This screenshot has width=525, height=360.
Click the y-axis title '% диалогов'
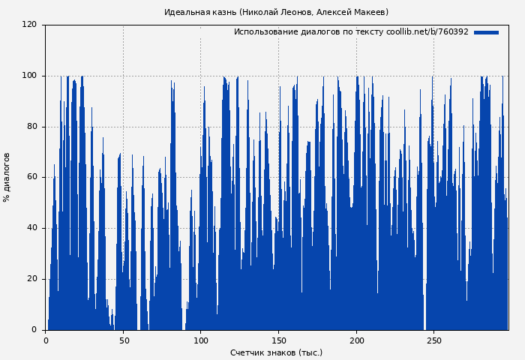click(7, 177)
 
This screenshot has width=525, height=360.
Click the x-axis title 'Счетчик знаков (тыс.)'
click(276, 352)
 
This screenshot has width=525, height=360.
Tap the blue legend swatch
click(486, 32)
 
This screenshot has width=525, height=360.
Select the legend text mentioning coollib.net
click(351, 32)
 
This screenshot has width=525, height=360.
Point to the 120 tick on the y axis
click(29, 25)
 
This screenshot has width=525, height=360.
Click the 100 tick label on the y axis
click(29, 76)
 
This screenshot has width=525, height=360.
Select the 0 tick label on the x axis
click(46, 341)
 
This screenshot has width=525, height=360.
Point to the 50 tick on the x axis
click(123, 341)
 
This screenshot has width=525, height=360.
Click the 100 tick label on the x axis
click(200, 341)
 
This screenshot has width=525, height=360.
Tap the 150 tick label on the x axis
click(278, 341)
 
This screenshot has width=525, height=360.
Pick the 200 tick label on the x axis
click(355, 341)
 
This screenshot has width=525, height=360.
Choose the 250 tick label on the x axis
click(433, 341)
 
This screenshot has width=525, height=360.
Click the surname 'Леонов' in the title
click(299, 12)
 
